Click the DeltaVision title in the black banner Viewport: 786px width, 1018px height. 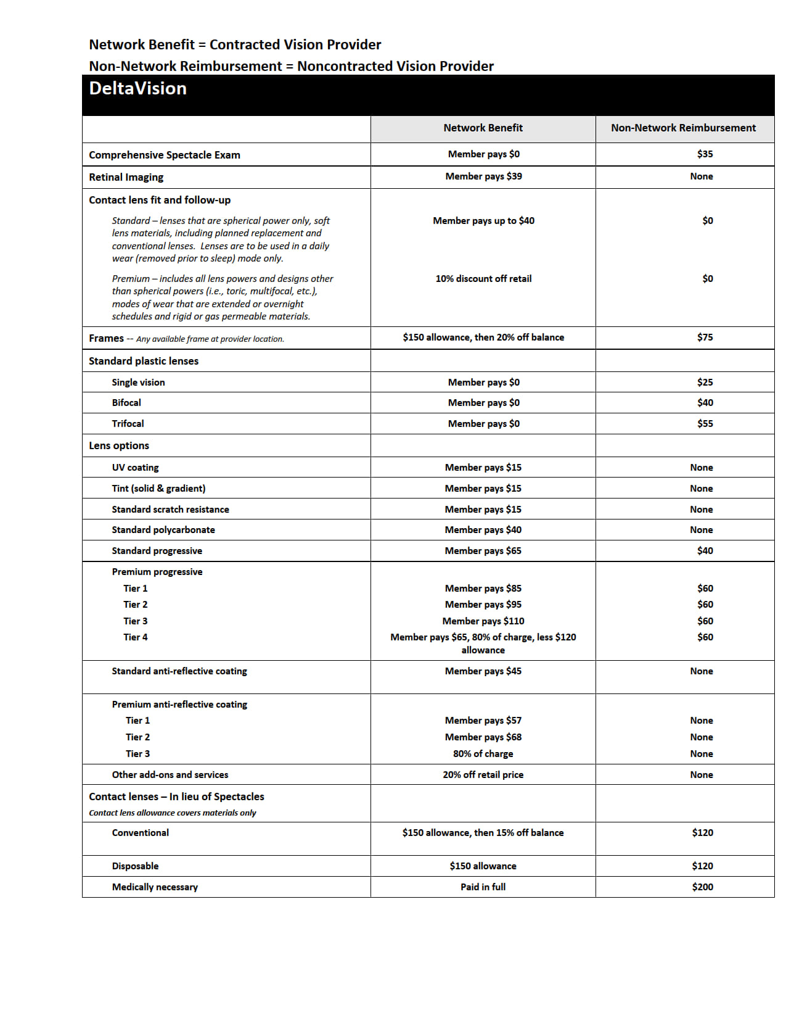137,89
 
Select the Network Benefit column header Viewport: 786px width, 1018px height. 483,128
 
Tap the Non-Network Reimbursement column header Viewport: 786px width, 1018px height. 683,128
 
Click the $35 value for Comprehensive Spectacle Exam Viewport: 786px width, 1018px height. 705,154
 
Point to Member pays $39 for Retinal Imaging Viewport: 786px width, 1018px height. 483,176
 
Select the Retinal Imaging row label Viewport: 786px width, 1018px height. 126,177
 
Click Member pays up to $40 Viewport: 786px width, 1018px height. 483,221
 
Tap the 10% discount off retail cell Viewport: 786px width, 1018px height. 483,279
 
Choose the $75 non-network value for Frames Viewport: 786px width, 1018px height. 705,337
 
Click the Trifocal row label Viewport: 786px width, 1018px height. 128,424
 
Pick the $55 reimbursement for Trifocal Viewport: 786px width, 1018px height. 705,424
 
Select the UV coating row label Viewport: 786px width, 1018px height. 135,468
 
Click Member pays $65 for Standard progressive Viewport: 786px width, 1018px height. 483,551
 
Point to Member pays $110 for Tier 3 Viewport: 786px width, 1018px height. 483,621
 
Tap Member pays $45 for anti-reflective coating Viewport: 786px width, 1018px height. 483,671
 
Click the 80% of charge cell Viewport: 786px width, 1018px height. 483,754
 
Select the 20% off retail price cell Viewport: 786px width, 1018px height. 483,775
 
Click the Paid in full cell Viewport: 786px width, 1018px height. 483,887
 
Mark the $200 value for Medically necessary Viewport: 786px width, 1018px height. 702,887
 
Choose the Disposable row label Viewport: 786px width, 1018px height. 135,866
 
